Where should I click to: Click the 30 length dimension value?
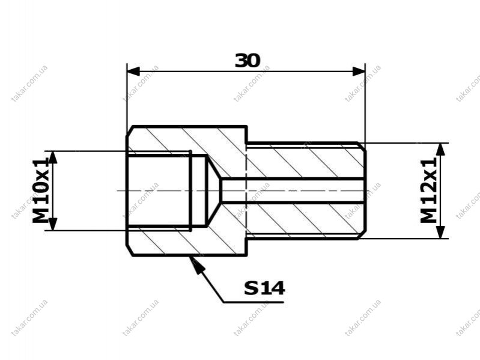click(248, 61)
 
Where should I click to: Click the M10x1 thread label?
click(40, 190)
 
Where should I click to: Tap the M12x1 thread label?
click(428, 191)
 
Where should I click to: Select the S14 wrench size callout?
click(264, 288)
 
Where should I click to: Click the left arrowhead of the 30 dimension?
click(133, 72)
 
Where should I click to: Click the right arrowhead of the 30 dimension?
click(359, 72)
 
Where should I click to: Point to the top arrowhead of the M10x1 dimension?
click(53, 157)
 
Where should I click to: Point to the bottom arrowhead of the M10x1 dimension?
click(53, 224)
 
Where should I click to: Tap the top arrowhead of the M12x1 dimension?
click(440, 150)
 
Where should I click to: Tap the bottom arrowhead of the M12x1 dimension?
click(440, 232)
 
